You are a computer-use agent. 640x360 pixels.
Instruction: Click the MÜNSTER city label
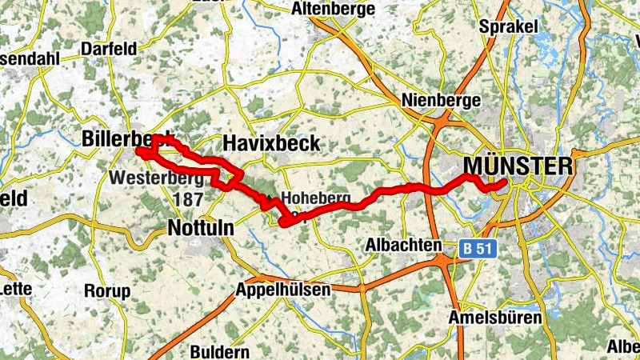[x=518, y=166]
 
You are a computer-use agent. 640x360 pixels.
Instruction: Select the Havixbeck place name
[x=271, y=143]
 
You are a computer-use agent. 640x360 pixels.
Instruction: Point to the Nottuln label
[x=201, y=228]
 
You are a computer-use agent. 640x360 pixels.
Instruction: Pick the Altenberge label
[x=334, y=9]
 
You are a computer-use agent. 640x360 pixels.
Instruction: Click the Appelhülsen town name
[x=283, y=290]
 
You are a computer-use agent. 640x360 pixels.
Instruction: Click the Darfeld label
[x=109, y=49]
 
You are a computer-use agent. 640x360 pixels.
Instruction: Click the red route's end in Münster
[x=503, y=183]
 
